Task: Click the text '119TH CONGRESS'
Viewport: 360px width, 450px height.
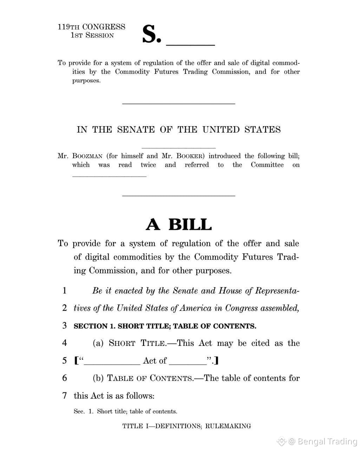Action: pos(91,27)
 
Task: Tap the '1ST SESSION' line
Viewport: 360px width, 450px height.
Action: pos(92,36)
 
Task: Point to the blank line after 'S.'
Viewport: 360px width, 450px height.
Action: pos(190,44)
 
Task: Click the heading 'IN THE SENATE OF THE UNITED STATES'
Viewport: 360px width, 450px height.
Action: pos(179,130)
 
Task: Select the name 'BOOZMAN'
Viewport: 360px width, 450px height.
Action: pos(87,156)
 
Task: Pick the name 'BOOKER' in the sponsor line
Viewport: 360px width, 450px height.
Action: pos(191,156)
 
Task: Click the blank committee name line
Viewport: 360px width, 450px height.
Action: pos(109,176)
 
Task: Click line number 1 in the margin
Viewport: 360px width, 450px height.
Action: pos(64,291)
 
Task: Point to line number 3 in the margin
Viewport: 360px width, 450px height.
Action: pos(64,326)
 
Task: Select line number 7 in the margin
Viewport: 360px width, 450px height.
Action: pos(64,396)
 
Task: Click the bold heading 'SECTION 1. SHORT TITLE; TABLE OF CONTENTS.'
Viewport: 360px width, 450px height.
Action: pos(165,326)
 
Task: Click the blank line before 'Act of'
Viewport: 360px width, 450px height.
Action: pos(112,364)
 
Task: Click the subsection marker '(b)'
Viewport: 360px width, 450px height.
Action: pos(98,378)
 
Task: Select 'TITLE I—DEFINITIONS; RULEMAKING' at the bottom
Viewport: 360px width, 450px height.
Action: pos(186,426)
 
